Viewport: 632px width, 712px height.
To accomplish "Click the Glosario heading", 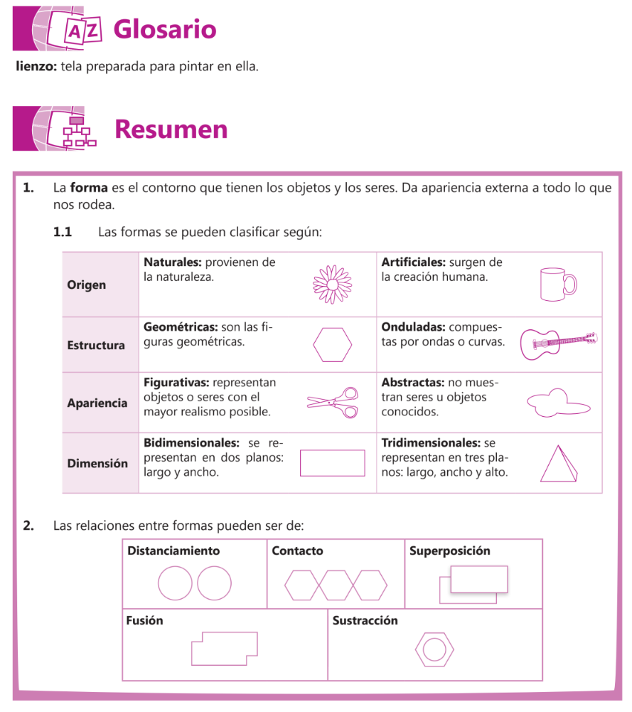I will [164, 29].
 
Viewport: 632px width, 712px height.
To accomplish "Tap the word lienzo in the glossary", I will [36, 68].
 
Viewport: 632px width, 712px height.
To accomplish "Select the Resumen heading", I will [171, 129].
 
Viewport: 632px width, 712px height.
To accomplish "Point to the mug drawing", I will [557, 285].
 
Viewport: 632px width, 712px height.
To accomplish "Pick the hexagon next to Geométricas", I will [332, 344].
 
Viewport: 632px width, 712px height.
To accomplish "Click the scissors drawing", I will [333, 403].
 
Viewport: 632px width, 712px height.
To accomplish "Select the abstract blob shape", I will [557, 403].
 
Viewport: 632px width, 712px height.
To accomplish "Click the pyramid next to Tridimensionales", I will [559, 464].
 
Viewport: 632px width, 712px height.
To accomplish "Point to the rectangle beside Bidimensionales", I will [332, 463].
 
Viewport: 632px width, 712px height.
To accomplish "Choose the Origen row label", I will [86, 285].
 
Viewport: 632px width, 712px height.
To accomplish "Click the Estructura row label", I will [96, 346].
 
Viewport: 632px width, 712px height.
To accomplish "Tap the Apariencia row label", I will [97, 403].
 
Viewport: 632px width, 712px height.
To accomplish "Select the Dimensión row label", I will [97, 464].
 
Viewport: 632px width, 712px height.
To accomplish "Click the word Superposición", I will [449, 551].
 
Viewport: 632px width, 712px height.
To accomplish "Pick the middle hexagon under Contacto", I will [336, 585].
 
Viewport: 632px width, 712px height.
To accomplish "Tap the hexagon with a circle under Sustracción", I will [434, 649].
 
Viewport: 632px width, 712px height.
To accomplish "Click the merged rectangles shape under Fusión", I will [224, 648].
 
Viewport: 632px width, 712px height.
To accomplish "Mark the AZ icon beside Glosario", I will [84, 30].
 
